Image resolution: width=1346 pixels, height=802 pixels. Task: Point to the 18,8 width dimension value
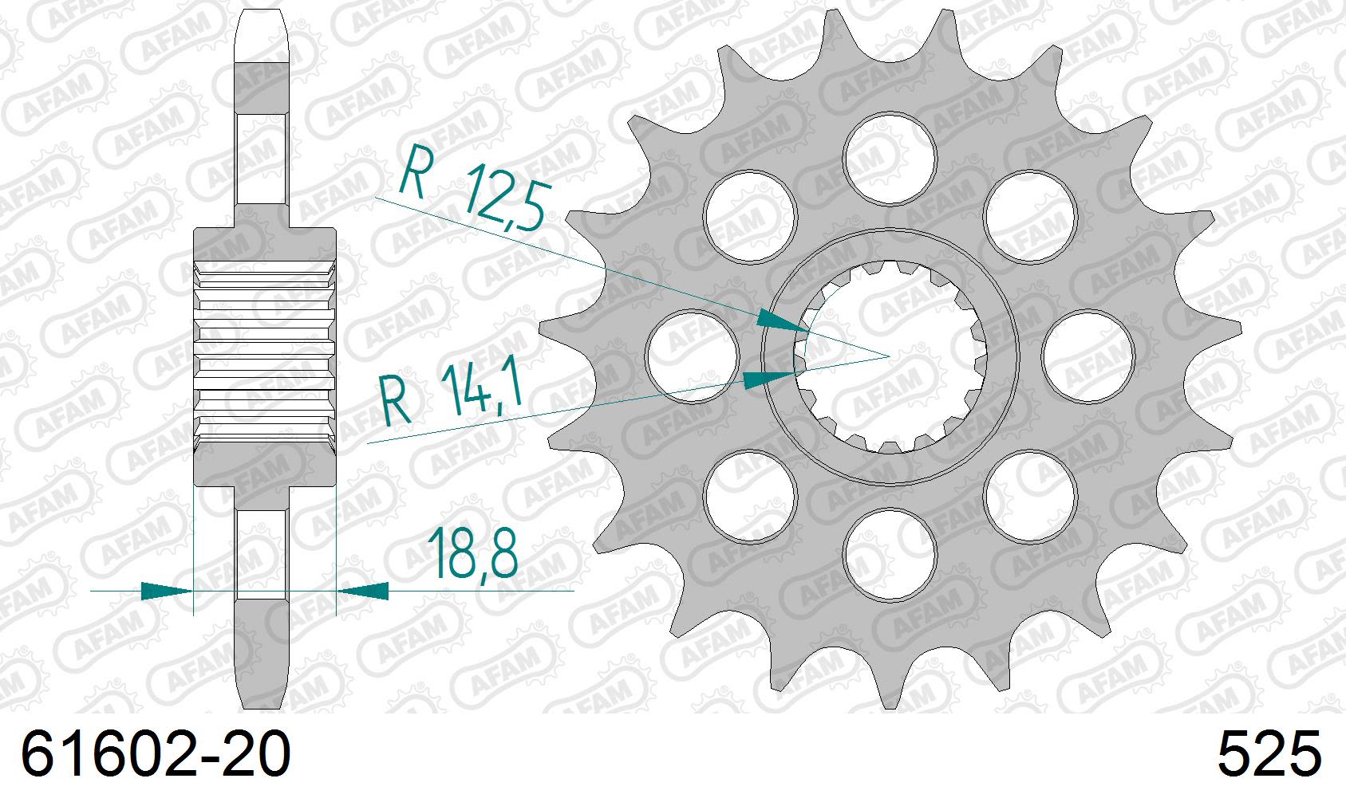473,552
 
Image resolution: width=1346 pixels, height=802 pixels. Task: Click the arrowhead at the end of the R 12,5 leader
783,321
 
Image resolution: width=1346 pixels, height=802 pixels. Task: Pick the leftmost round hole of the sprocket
692,356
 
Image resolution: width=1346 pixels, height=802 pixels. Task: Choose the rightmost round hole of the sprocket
1087,356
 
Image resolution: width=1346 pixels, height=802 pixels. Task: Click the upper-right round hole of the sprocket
1029,215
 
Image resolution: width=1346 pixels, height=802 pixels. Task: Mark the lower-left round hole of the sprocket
750,495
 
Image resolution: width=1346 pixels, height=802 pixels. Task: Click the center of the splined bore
890,356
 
